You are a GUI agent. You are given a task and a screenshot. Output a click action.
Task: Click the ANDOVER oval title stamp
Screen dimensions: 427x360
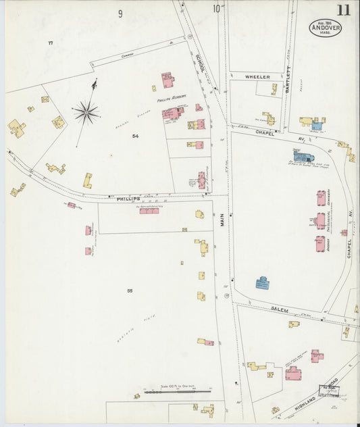(x=326, y=28)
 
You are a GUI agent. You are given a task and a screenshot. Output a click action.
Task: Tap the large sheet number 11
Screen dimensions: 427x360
(x=344, y=9)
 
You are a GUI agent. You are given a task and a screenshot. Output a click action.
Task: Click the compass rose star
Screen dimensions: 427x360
(x=86, y=112)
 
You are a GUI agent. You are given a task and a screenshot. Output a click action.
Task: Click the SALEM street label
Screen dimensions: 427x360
(x=280, y=310)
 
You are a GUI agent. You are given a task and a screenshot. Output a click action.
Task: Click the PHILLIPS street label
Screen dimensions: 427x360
(x=128, y=199)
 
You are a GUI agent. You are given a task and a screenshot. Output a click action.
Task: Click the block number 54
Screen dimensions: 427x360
(x=135, y=136)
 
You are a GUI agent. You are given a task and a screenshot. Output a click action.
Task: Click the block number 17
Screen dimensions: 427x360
(x=50, y=43)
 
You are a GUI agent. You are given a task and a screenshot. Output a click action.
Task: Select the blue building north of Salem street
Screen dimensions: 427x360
(x=262, y=283)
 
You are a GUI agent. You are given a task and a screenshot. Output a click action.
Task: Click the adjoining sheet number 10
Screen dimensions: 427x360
(x=217, y=9)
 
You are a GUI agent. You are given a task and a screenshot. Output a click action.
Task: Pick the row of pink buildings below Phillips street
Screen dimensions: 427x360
(x=149, y=211)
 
